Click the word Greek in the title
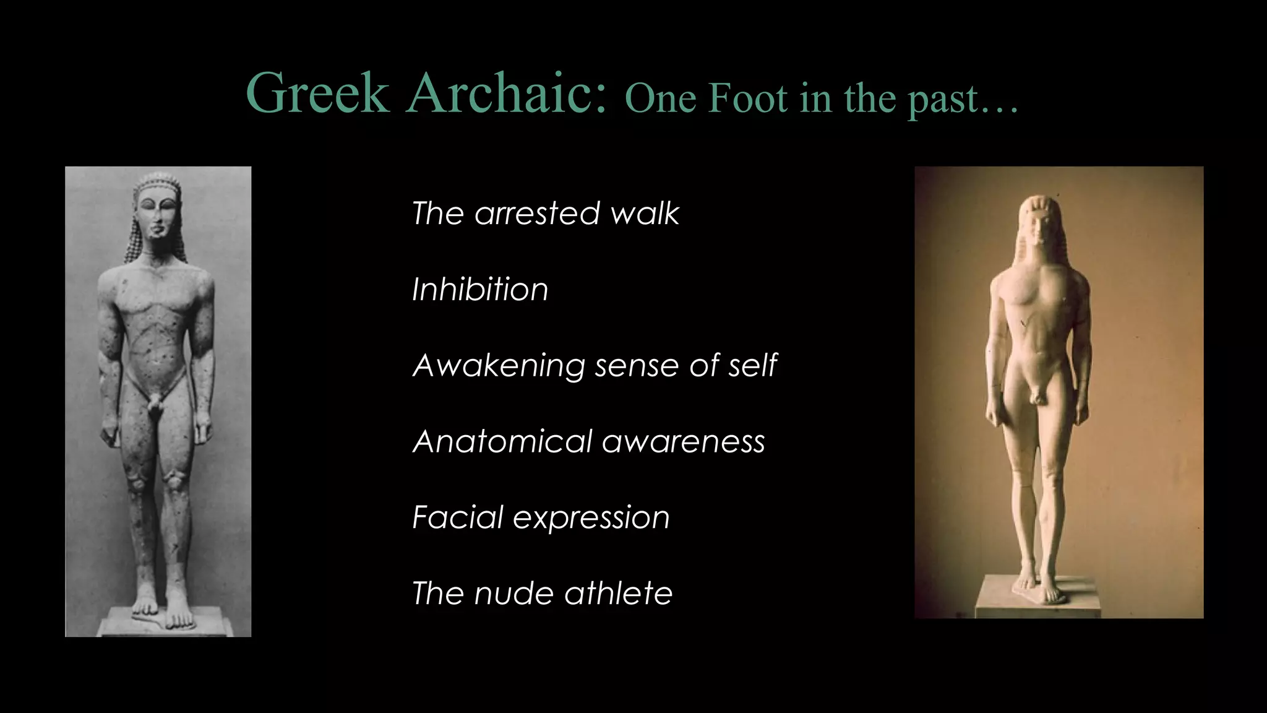[x=317, y=93]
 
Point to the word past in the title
[x=943, y=99]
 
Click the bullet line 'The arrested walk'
[x=545, y=214]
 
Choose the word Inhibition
[x=480, y=290]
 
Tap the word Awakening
[x=498, y=365]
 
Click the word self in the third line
[x=752, y=365]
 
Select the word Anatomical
[x=502, y=441]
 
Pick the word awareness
[x=684, y=442]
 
